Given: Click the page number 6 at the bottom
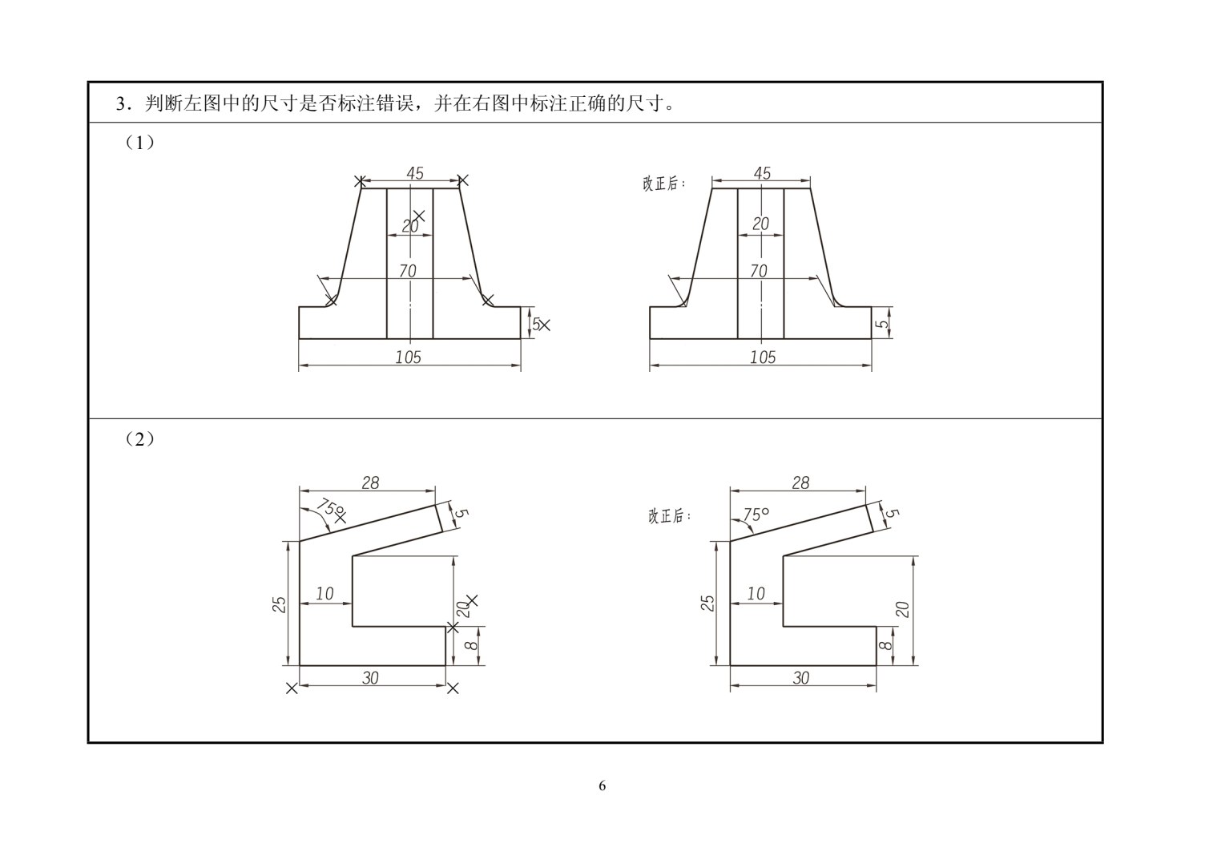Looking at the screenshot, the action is (x=602, y=786).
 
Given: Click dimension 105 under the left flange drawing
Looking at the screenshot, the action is (x=408, y=357).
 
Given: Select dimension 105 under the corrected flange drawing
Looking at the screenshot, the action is (x=762, y=357).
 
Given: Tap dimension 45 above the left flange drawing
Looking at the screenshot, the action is (x=415, y=173).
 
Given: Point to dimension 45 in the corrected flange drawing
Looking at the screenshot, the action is (x=762, y=173).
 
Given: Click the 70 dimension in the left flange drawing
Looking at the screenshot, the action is (x=408, y=270).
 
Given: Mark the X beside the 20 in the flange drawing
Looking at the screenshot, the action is (x=419, y=216).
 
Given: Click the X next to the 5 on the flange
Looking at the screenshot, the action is (x=545, y=325).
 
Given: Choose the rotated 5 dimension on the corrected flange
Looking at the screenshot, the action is (x=882, y=324).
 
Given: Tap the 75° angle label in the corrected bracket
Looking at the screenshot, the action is (x=756, y=515).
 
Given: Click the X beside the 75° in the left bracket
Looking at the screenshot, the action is (x=341, y=518).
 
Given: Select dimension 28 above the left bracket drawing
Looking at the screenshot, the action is (x=370, y=482).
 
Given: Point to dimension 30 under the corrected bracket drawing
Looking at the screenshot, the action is (x=801, y=678).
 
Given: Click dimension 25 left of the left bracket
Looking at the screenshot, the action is (x=279, y=604).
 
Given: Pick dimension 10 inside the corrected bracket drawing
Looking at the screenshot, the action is (x=756, y=594).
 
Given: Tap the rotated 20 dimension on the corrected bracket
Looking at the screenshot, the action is (x=902, y=609).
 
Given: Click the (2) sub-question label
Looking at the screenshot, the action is (x=139, y=439).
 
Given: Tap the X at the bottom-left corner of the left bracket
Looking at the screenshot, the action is (x=292, y=688).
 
